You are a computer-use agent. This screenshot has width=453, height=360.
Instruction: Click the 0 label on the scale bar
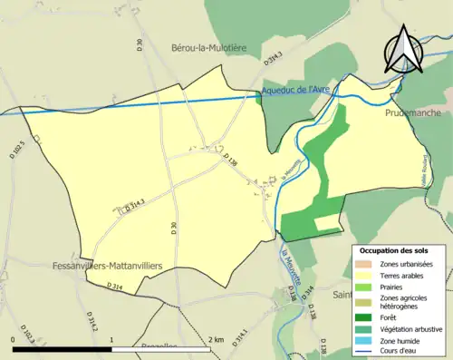14,339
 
